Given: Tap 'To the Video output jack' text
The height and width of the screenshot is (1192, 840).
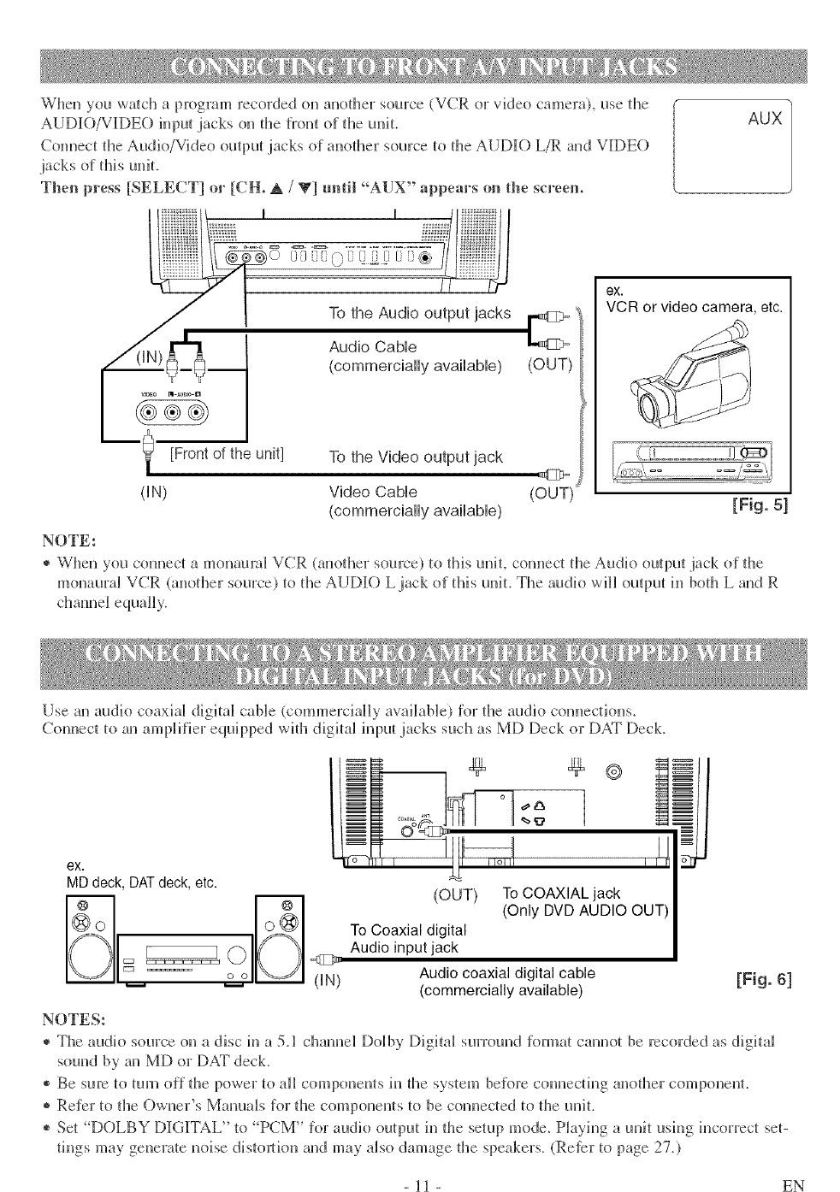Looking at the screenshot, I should pyautogui.click(x=416, y=457).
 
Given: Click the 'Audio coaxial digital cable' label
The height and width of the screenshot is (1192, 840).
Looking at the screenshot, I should pyautogui.click(x=507, y=973).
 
